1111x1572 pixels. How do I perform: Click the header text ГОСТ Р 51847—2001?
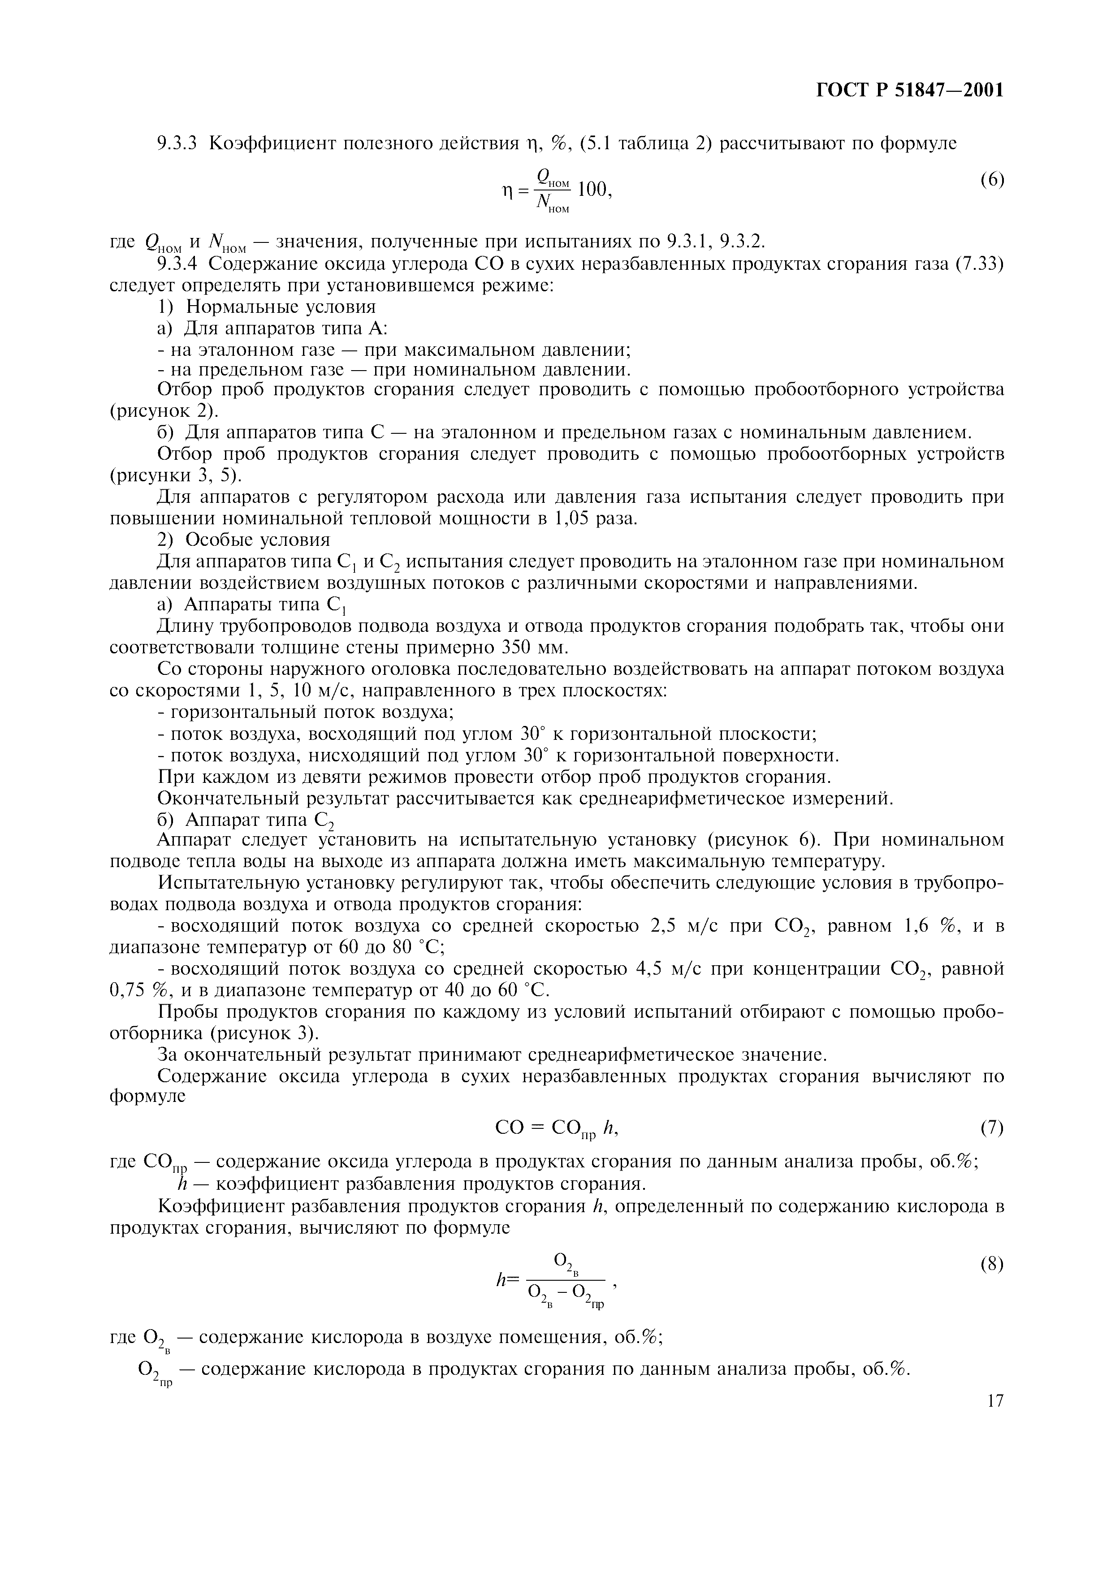pos(910,91)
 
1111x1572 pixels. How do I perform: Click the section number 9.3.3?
pos(177,144)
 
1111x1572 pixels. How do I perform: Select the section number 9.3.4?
pos(177,263)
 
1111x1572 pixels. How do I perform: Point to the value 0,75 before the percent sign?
pos(129,991)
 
